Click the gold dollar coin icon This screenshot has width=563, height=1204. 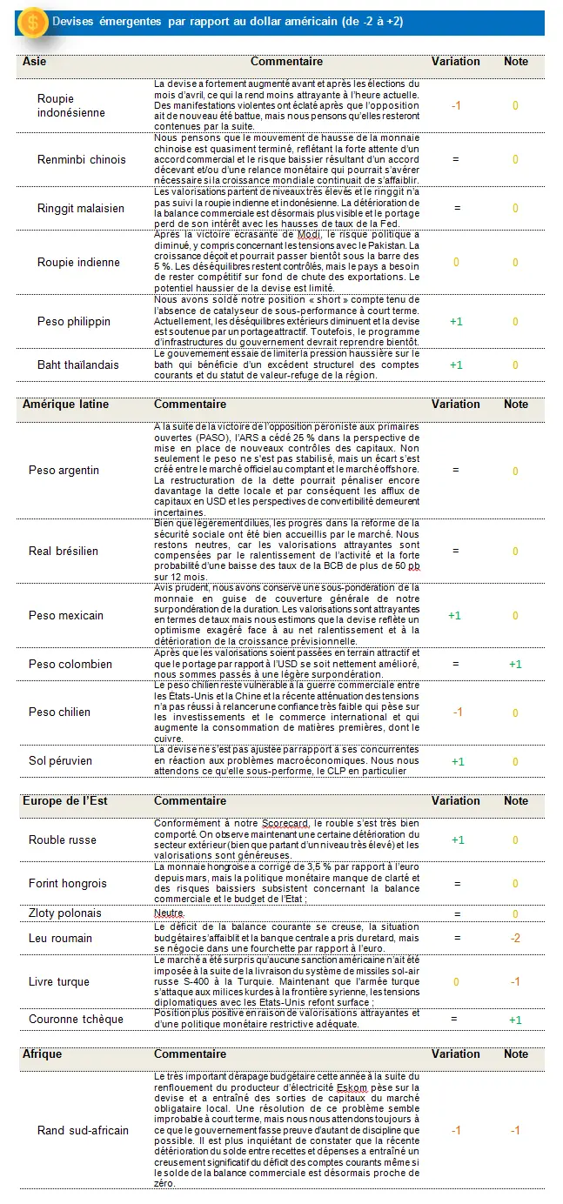coord(32,22)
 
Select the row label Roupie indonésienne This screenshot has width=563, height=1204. coord(71,105)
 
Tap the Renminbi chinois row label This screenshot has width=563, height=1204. coord(81,159)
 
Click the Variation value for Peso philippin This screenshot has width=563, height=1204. coord(456,321)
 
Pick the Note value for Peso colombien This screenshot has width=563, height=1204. coord(515,664)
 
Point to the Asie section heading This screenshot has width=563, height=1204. coord(35,62)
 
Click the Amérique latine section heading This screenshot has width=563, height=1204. coord(65,404)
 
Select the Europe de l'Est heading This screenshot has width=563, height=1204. coord(64,800)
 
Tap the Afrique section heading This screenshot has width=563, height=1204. coord(42,1053)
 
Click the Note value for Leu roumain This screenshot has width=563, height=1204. coord(515,938)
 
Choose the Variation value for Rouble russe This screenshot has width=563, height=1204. coord(457,839)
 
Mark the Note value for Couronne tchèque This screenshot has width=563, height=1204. coord(515,1020)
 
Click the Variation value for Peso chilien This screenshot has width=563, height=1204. coord(457,712)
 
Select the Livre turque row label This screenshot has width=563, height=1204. coord(59,982)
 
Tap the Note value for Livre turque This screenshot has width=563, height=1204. coord(515,982)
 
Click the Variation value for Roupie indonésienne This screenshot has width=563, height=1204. coord(456,105)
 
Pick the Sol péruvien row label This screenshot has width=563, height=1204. coord(60,760)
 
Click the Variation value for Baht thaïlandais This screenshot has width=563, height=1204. coord(456,365)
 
